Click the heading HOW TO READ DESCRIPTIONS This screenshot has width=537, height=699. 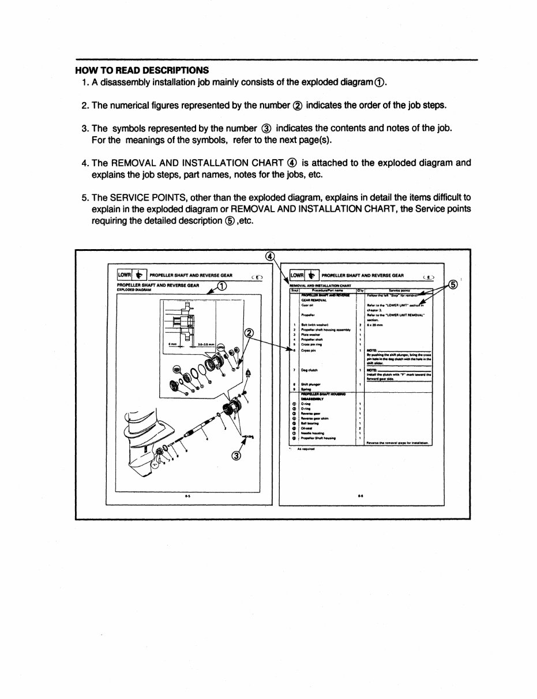[x=142, y=70]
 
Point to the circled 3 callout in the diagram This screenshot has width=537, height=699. [x=236, y=456]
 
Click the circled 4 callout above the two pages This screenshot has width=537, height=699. [x=269, y=256]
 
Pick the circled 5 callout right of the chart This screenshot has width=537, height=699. [x=455, y=284]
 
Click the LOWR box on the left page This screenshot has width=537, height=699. [x=125, y=276]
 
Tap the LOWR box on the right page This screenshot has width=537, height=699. [x=298, y=276]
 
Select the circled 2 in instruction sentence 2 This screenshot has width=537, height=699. [x=297, y=106]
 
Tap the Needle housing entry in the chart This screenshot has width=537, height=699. [x=314, y=433]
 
